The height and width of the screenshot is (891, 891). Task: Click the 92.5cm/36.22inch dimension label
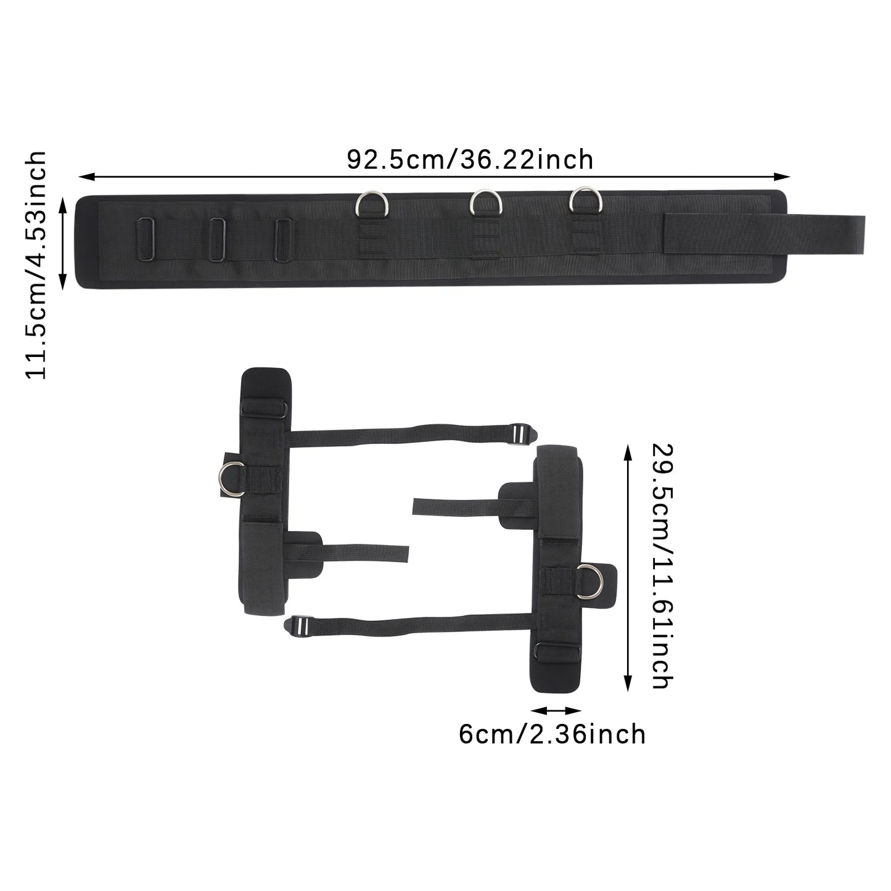click(x=470, y=160)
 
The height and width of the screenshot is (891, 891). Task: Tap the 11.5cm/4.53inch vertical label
click(x=36, y=265)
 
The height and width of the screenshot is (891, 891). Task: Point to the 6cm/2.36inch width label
click(x=552, y=734)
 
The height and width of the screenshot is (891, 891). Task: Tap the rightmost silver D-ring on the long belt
click(x=583, y=200)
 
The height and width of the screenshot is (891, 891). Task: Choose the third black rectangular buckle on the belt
click(x=284, y=239)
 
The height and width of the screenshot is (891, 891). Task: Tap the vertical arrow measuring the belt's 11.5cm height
click(x=63, y=243)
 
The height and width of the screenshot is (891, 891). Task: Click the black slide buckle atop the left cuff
click(x=264, y=409)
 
